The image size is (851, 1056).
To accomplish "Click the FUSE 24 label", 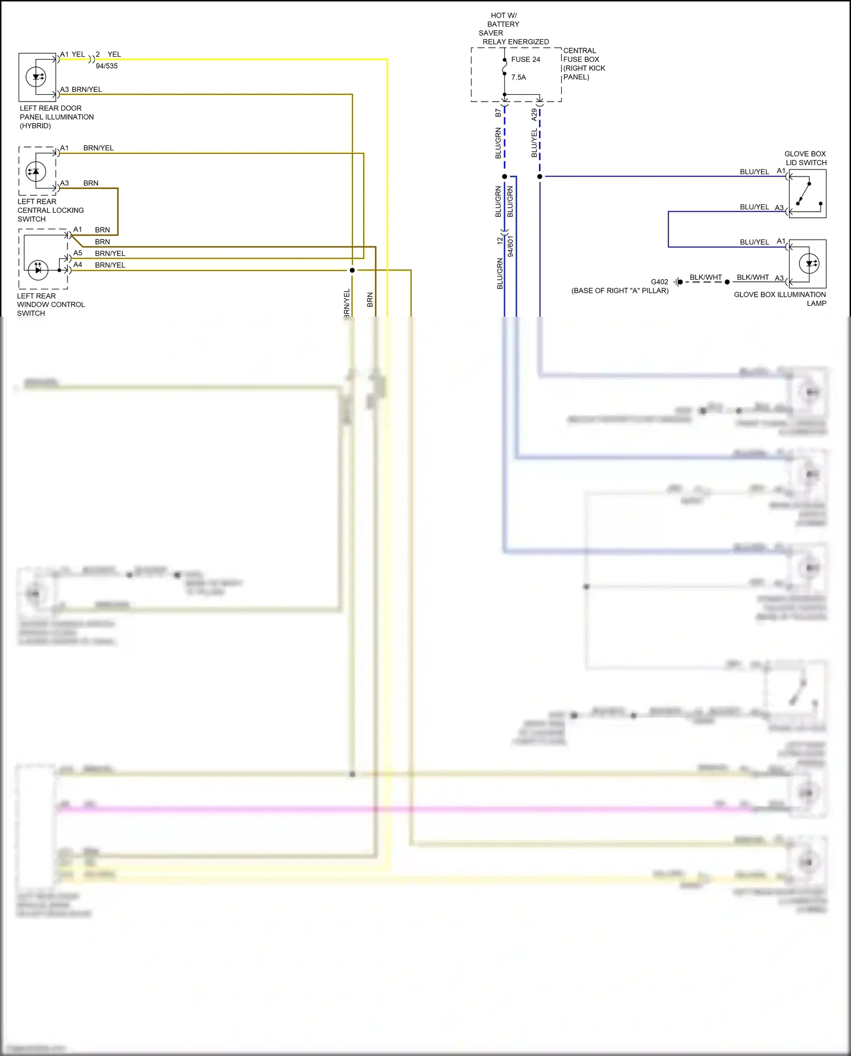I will pyautogui.click(x=525, y=60).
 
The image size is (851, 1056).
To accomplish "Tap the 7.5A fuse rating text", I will pyautogui.click(x=519, y=77).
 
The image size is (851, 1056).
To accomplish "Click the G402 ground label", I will pyautogui.click(x=659, y=282).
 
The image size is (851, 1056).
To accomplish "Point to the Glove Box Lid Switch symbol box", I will pyautogui.click(x=807, y=193).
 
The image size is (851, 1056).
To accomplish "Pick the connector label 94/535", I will pyautogui.click(x=107, y=66).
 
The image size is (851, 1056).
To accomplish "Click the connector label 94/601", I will pyautogui.click(x=511, y=247).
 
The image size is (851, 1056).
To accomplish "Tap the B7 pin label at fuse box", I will pyautogui.click(x=498, y=113).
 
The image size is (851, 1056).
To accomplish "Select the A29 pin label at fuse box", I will pyautogui.click(x=534, y=115).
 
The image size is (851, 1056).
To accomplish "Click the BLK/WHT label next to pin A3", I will pyautogui.click(x=752, y=277).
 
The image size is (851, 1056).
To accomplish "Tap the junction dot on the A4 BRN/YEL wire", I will pyautogui.click(x=352, y=270).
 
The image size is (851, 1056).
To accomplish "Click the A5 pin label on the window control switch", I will pyautogui.click(x=78, y=253).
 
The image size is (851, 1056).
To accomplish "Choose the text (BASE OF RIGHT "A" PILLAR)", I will pyautogui.click(x=620, y=291).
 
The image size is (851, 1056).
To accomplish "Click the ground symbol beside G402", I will pyautogui.click(x=677, y=282).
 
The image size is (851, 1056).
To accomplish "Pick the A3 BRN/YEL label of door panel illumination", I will pyautogui.click(x=81, y=90).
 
